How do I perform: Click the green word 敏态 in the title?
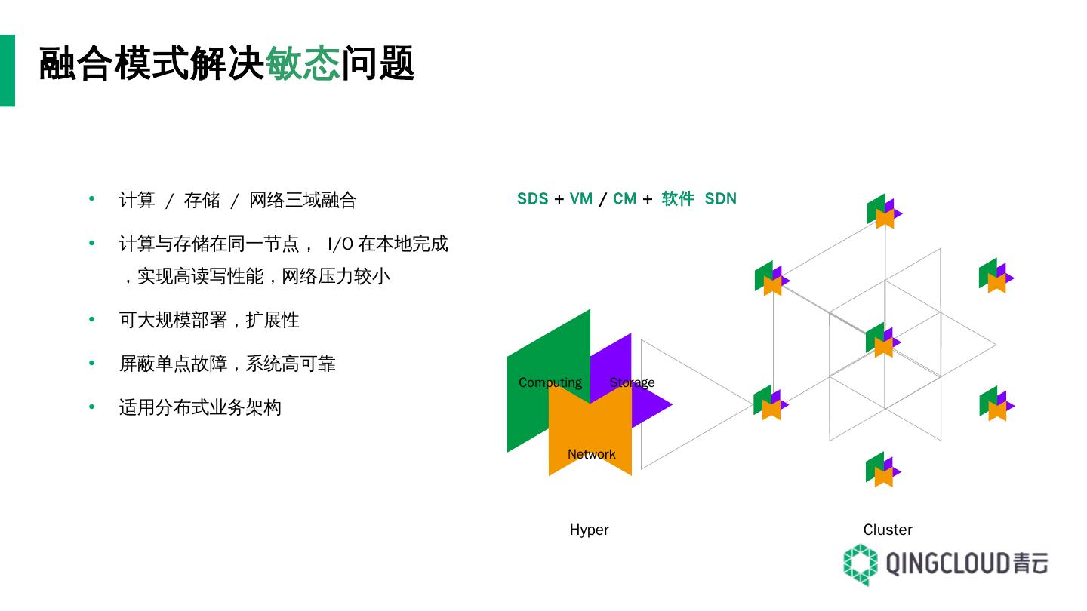tap(302, 63)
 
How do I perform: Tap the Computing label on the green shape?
tap(550, 382)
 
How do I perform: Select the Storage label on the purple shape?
tap(632, 382)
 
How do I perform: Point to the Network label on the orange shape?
tap(591, 454)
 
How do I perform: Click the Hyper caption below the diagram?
tap(589, 530)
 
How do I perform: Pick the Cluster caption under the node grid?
tap(888, 530)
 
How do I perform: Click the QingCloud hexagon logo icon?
tap(861, 564)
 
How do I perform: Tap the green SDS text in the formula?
tap(532, 198)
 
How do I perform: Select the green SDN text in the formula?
tap(720, 198)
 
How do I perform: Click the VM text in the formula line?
tap(580, 198)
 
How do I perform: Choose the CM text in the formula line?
tap(624, 198)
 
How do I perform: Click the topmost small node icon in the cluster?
tap(882, 212)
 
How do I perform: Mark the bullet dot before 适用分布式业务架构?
tap(92, 407)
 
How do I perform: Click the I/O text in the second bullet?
tap(340, 244)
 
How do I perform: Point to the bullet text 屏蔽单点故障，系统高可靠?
tap(226, 364)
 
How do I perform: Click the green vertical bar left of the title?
tap(7, 70)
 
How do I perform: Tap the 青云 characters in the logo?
tap(1030, 563)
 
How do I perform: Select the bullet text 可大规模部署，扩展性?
tap(208, 320)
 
